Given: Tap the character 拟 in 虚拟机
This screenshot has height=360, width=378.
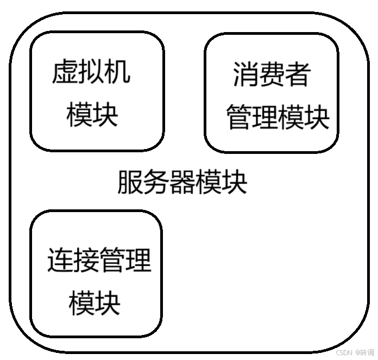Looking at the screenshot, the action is [x=92, y=73].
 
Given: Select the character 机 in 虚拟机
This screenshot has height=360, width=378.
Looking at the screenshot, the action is [x=118, y=73].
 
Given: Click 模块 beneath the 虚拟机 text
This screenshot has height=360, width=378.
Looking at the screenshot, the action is [x=93, y=115].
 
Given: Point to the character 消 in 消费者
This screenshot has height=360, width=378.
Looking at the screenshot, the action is [x=246, y=75].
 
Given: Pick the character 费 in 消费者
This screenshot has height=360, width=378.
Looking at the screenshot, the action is [x=272, y=75].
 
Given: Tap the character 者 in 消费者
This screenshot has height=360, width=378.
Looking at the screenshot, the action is [x=298, y=75].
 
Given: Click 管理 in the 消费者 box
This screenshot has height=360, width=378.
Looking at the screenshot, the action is [x=252, y=117].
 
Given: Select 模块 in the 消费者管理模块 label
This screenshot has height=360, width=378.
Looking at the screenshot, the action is [x=304, y=117].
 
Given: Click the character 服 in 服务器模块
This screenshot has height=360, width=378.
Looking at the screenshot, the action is [x=130, y=182].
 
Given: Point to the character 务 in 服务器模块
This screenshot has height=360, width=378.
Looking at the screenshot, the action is [x=156, y=182].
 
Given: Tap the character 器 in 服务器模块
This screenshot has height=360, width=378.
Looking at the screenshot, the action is [x=182, y=182].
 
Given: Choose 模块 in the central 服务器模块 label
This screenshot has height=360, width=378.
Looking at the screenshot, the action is [x=222, y=182].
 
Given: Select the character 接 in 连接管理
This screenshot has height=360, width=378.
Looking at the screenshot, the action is [x=86, y=261].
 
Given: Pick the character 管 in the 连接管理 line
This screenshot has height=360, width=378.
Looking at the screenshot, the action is [x=112, y=261].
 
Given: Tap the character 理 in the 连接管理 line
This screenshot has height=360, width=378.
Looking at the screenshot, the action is [x=138, y=261].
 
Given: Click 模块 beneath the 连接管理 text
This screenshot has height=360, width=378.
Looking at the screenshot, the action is [x=95, y=303].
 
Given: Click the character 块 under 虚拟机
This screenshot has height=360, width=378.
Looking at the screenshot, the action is [x=106, y=115].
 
